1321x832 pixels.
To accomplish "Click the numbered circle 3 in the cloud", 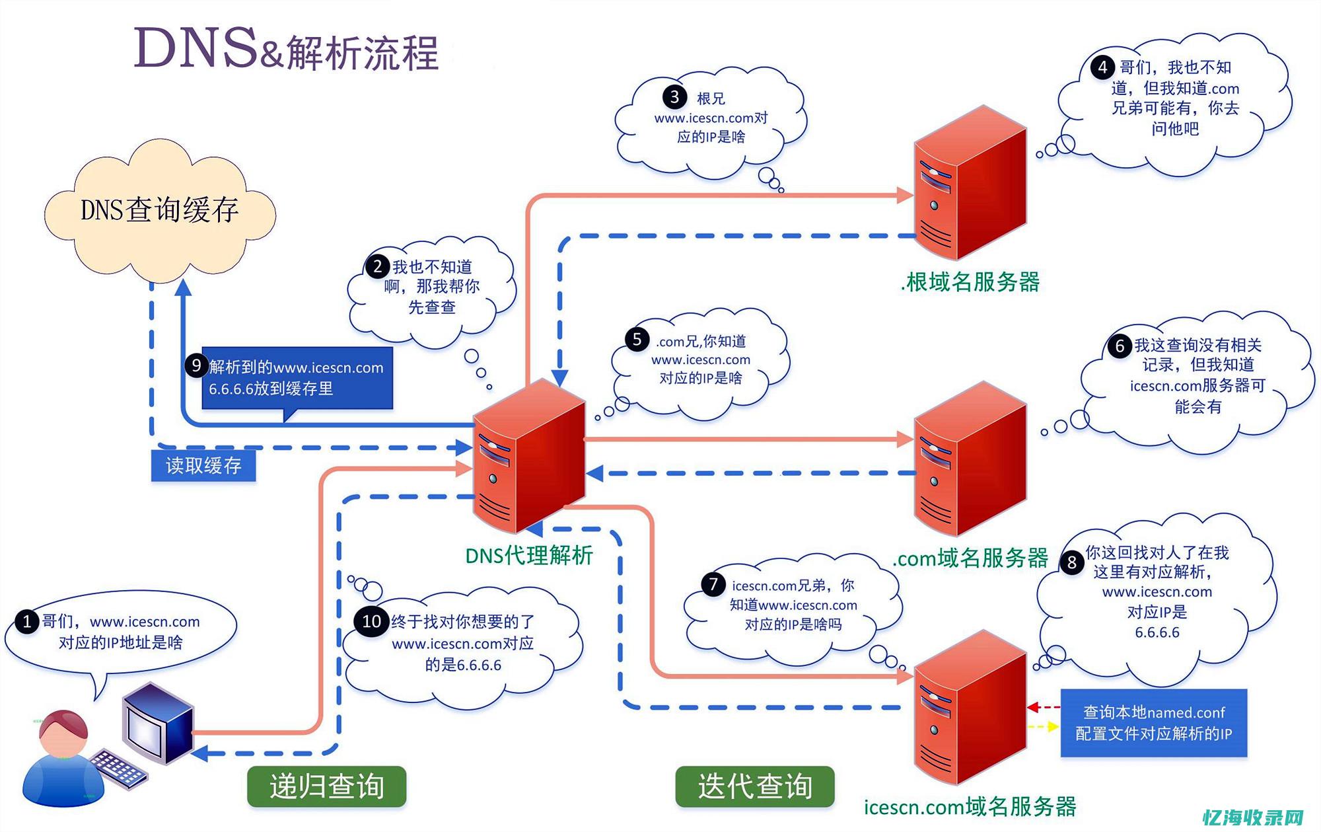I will point(674,97).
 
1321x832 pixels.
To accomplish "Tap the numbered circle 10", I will point(371,621).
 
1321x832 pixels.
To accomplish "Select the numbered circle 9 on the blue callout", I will point(196,365).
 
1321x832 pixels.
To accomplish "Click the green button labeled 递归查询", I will point(326,786).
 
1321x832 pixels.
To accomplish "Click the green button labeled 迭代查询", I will point(754,786).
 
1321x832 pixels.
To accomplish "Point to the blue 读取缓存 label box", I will point(203,466).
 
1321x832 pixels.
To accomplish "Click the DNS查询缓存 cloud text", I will point(159,210).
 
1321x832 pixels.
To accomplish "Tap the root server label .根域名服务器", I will point(970,282).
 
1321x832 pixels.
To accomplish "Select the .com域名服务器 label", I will point(970,558).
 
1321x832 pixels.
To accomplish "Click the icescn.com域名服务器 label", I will point(970,807).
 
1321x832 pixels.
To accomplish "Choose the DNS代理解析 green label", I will point(529,556).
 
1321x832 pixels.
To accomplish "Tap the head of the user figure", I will point(63,730).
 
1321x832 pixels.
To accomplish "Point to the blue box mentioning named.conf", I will point(1153,723).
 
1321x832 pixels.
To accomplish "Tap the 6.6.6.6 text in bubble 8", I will point(1157,632).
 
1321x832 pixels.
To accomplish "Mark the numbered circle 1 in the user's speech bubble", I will point(27,622).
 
